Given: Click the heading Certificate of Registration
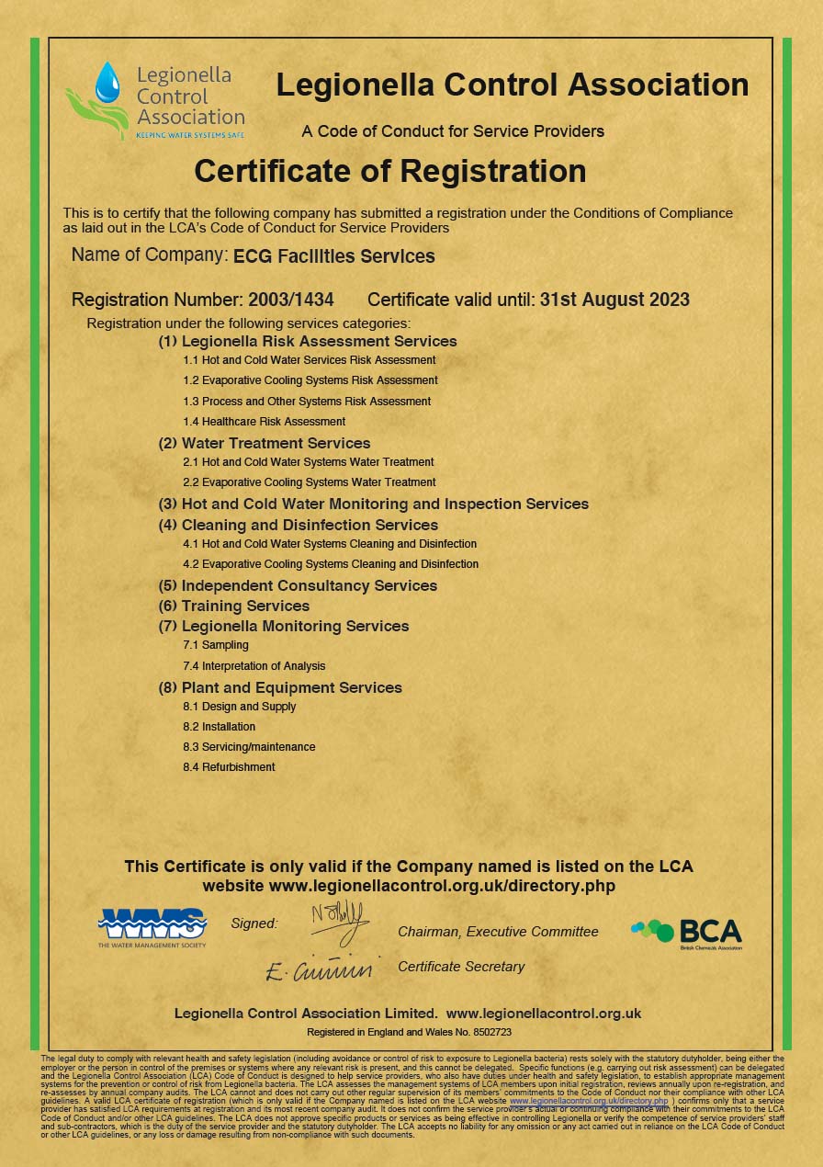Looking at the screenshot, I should click(x=389, y=171).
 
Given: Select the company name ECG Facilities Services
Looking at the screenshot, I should click(x=334, y=256).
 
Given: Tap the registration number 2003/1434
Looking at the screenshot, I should click(x=291, y=300).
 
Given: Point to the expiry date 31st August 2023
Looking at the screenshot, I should click(x=614, y=300).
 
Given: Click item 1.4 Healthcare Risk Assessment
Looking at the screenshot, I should click(x=265, y=422).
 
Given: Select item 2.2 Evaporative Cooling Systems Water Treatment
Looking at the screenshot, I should click(x=310, y=482).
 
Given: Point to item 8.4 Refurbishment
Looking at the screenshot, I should click(x=229, y=767).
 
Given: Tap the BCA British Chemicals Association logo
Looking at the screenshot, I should click(x=686, y=933).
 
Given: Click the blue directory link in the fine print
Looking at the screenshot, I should click(x=589, y=1101).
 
